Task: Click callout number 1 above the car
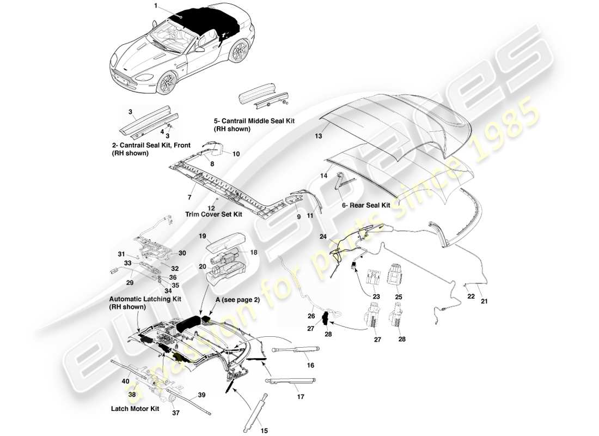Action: (155, 5)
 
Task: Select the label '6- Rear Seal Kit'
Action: (365, 205)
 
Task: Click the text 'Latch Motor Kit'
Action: (135, 408)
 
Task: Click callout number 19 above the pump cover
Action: (201, 237)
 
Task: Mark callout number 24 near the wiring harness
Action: (323, 237)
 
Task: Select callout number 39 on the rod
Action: (201, 395)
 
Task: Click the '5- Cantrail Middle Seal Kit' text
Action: (254, 122)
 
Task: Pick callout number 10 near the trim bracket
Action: (236, 154)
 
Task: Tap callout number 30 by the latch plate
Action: (182, 253)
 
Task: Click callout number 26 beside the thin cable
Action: (311, 315)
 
